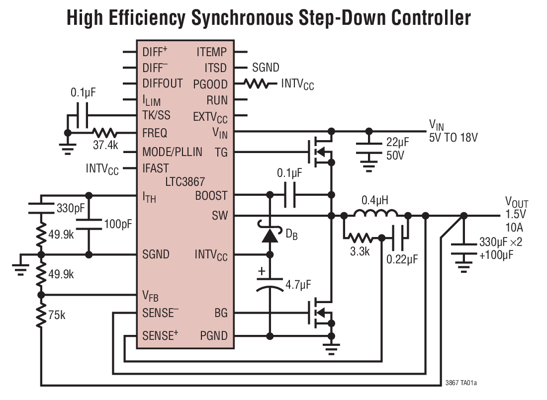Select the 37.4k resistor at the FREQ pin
tap(105, 133)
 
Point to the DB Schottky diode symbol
tap(270, 236)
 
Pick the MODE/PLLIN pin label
tap(172, 152)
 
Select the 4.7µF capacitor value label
tap(298, 285)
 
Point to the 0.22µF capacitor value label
tap(402, 259)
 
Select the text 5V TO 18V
tap(453, 138)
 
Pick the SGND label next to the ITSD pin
tap(265, 68)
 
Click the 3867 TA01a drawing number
tap(461, 383)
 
